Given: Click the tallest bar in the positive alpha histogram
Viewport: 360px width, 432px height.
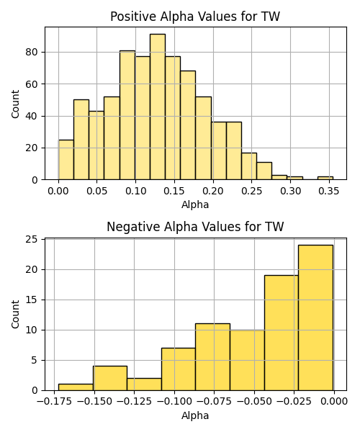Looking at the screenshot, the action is (x=158, y=107).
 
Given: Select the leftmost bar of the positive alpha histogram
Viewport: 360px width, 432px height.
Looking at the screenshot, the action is (x=66, y=160).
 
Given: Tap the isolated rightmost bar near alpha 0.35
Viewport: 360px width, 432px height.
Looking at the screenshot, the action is (x=325, y=178).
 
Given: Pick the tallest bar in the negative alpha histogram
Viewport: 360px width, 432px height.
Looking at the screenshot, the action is (x=315, y=318).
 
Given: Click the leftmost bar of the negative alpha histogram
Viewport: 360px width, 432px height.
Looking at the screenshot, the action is (x=76, y=387).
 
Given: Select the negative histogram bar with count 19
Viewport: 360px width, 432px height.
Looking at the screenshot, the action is (x=282, y=333).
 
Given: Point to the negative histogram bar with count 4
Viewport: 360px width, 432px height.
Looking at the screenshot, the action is (x=110, y=378).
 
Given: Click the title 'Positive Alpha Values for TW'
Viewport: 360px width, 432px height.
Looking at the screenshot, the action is (x=195, y=17).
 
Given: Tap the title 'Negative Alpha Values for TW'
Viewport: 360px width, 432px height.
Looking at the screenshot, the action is (x=195, y=227).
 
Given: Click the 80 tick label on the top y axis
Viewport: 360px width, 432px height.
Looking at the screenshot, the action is (x=32, y=52).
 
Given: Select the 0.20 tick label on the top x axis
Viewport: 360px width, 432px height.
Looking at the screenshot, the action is (x=212, y=191).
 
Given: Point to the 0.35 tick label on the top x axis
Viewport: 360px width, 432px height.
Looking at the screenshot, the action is (x=329, y=191).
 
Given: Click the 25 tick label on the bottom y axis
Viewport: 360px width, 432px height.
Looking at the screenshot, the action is (x=32, y=239).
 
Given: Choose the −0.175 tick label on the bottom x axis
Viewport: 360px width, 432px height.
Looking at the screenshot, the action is (x=54, y=402).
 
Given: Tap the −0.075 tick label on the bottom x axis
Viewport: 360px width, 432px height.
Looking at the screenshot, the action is (x=215, y=402).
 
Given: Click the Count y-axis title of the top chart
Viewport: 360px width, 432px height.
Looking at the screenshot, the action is (x=15, y=104).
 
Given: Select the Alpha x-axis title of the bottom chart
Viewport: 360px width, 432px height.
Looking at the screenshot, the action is (x=195, y=415).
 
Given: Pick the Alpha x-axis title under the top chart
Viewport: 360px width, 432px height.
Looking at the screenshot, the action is (x=195, y=204).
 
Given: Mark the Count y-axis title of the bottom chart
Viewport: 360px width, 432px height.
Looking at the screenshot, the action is (x=15, y=315).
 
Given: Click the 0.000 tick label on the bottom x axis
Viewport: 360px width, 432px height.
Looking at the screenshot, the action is (x=334, y=402).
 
